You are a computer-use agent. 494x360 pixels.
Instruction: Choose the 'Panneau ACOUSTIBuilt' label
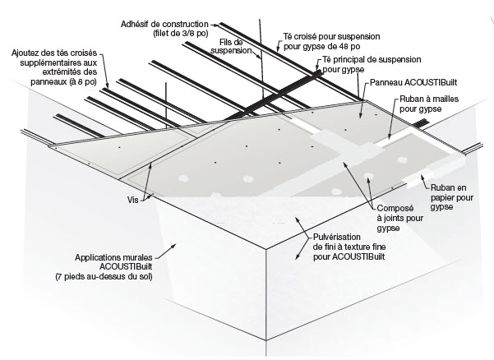[x=413, y=83]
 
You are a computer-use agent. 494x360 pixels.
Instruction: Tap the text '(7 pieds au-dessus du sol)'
[x=114, y=277]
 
